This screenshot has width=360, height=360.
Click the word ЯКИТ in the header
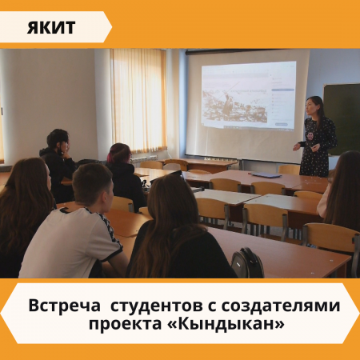(x=51, y=27)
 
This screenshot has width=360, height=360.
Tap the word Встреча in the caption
(x=65, y=306)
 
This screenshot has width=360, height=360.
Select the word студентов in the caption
(x=156, y=306)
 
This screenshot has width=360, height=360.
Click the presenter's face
(x=312, y=106)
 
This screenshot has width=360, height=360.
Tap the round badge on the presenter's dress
(x=311, y=135)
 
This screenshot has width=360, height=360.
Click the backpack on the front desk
(x=247, y=262)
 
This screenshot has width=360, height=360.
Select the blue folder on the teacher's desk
(x=266, y=175)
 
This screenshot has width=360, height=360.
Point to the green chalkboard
(x=342, y=119)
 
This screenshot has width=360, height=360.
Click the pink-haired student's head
(x=119, y=154)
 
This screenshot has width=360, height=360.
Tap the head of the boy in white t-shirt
(x=93, y=184)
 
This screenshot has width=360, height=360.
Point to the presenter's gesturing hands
(x=306, y=146)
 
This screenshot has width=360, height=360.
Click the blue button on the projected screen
(x=281, y=124)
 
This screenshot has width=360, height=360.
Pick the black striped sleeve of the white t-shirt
(x=110, y=234)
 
